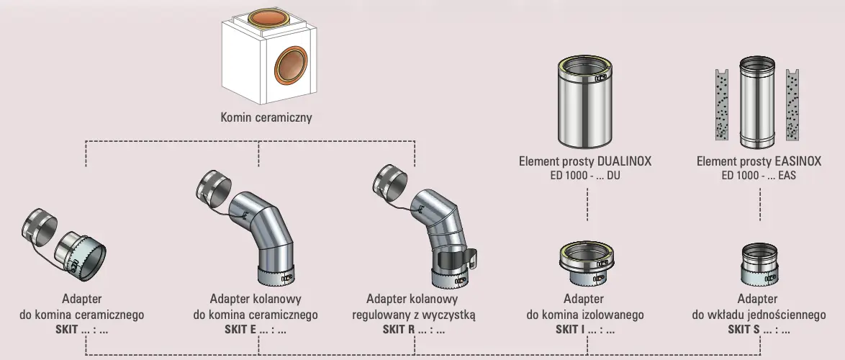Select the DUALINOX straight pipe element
click(x=584, y=100)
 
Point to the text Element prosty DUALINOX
click(x=584, y=161)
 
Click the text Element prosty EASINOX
click(x=759, y=161)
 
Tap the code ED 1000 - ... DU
click(x=584, y=175)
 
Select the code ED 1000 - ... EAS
click(x=759, y=175)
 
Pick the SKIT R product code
click(x=413, y=330)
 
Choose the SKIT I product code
click(x=584, y=330)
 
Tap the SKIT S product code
click(x=759, y=330)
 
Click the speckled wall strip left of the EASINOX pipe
click(x=719, y=104)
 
